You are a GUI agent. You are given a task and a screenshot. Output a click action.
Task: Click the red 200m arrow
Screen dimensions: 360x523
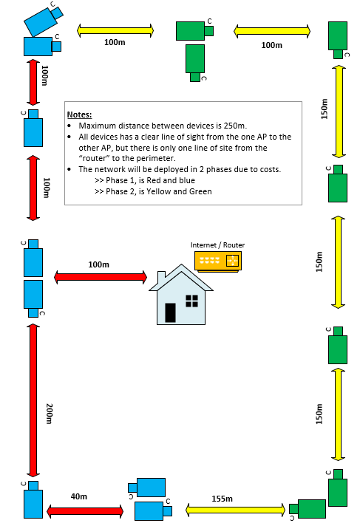point(33,400)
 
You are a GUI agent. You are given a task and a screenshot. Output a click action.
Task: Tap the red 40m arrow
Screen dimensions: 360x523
point(85,511)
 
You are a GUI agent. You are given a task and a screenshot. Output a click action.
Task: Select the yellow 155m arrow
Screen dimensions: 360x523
point(236,510)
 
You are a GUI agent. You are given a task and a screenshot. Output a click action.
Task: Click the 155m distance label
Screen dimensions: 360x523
point(222,499)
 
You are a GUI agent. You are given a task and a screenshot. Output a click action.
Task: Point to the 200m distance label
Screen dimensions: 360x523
point(49,414)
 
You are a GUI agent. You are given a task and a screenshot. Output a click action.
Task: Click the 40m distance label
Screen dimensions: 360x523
point(79,496)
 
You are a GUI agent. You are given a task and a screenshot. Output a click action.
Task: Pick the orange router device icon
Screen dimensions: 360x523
point(218,261)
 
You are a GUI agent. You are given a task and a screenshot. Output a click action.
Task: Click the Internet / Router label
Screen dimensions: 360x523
point(217,245)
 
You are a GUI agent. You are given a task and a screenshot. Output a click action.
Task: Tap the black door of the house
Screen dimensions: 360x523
point(170,312)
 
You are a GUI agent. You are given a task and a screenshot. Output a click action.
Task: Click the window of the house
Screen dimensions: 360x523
point(192,301)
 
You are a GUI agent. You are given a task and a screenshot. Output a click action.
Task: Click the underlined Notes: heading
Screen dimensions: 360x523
point(79,114)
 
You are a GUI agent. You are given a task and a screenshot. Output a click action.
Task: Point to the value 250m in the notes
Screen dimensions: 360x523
point(235,126)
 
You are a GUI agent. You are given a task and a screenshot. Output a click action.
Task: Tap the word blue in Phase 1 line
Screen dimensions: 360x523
point(186,180)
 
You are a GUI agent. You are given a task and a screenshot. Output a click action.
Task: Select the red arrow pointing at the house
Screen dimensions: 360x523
point(101,277)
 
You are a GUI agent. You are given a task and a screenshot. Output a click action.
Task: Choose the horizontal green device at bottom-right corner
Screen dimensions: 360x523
point(308,509)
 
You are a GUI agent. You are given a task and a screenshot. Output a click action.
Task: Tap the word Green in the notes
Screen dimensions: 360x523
point(200,191)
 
